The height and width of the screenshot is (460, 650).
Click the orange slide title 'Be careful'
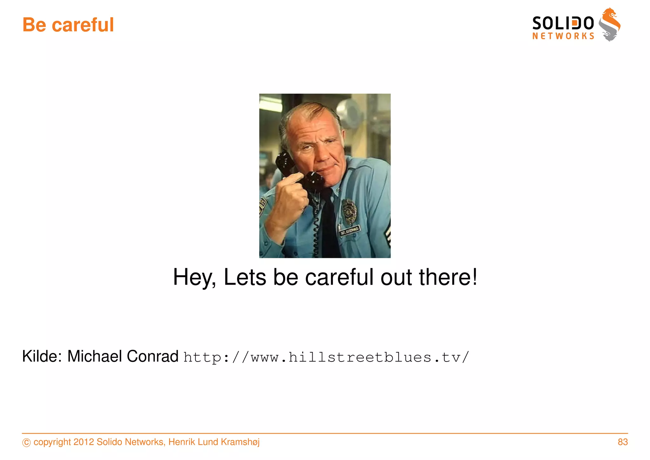tap(68, 25)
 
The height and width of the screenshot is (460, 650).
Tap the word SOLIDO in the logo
tap(563, 23)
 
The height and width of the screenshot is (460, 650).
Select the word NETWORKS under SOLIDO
tap(563, 36)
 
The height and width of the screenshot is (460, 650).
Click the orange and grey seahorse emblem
tap(609, 24)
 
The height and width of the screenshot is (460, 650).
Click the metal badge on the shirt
tap(349, 211)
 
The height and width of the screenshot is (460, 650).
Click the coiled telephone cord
tap(315, 229)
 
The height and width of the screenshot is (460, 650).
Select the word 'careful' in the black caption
tap(339, 277)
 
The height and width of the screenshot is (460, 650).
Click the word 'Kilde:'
tap(42, 356)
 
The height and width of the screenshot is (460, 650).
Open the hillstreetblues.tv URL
tap(326, 357)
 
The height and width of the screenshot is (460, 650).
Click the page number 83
tap(623, 442)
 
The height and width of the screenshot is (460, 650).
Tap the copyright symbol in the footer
tap(27, 443)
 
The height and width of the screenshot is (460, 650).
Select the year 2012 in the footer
tap(83, 442)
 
